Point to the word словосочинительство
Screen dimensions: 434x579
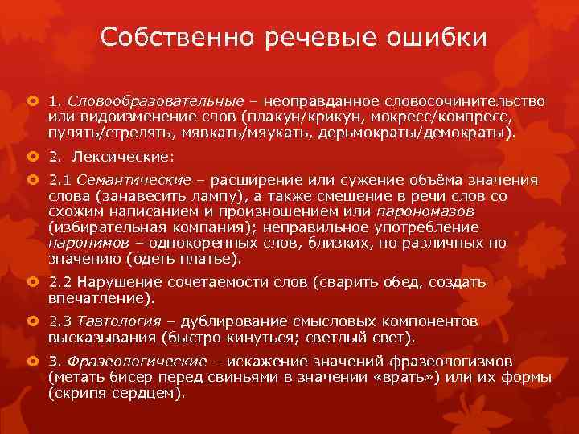tap(474, 101)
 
